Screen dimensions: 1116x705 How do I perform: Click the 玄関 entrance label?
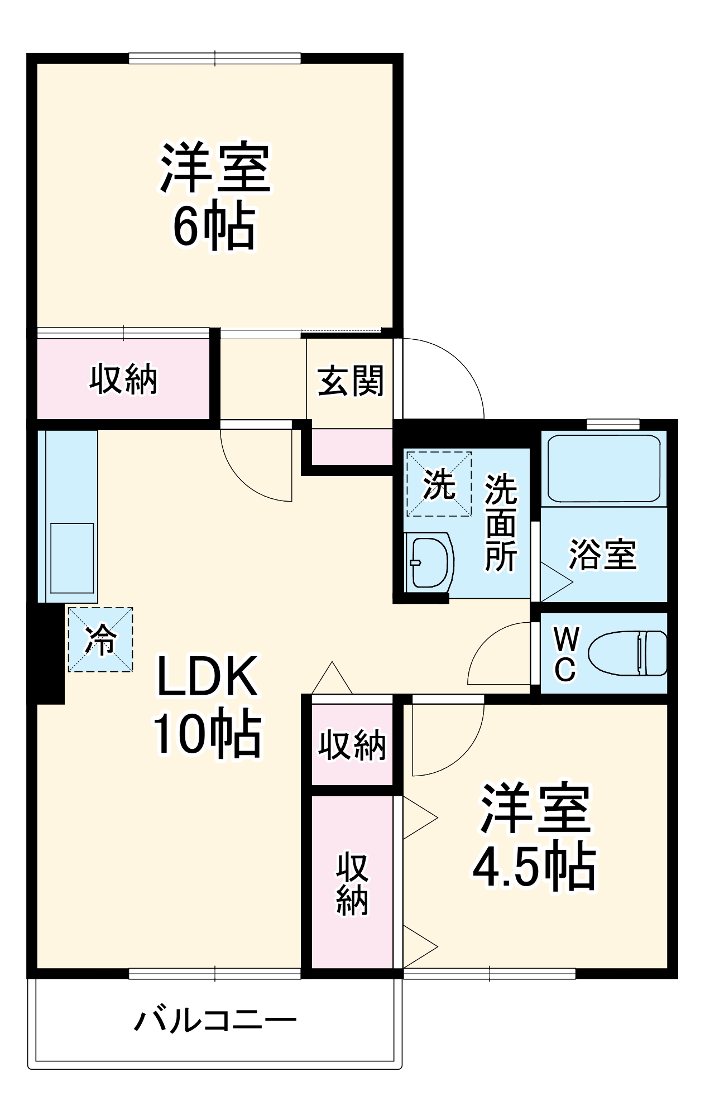coord(351,381)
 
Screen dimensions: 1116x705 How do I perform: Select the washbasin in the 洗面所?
coord(429,561)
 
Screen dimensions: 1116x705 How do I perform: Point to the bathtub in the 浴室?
coord(603,469)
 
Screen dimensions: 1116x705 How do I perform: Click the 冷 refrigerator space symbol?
coord(100,639)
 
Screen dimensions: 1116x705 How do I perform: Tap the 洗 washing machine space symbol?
coord(439,484)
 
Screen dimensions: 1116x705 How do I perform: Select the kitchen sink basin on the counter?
coord(72,557)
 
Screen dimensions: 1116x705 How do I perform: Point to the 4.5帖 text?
coord(534,867)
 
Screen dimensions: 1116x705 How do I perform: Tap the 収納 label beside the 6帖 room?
coord(123,379)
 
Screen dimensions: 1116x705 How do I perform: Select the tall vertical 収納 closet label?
coord(352,883)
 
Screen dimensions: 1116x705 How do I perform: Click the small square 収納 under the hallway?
coord(352,744)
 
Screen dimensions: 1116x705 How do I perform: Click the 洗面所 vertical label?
coord(500,523)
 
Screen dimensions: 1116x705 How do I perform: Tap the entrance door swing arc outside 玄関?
coord(458,368)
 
